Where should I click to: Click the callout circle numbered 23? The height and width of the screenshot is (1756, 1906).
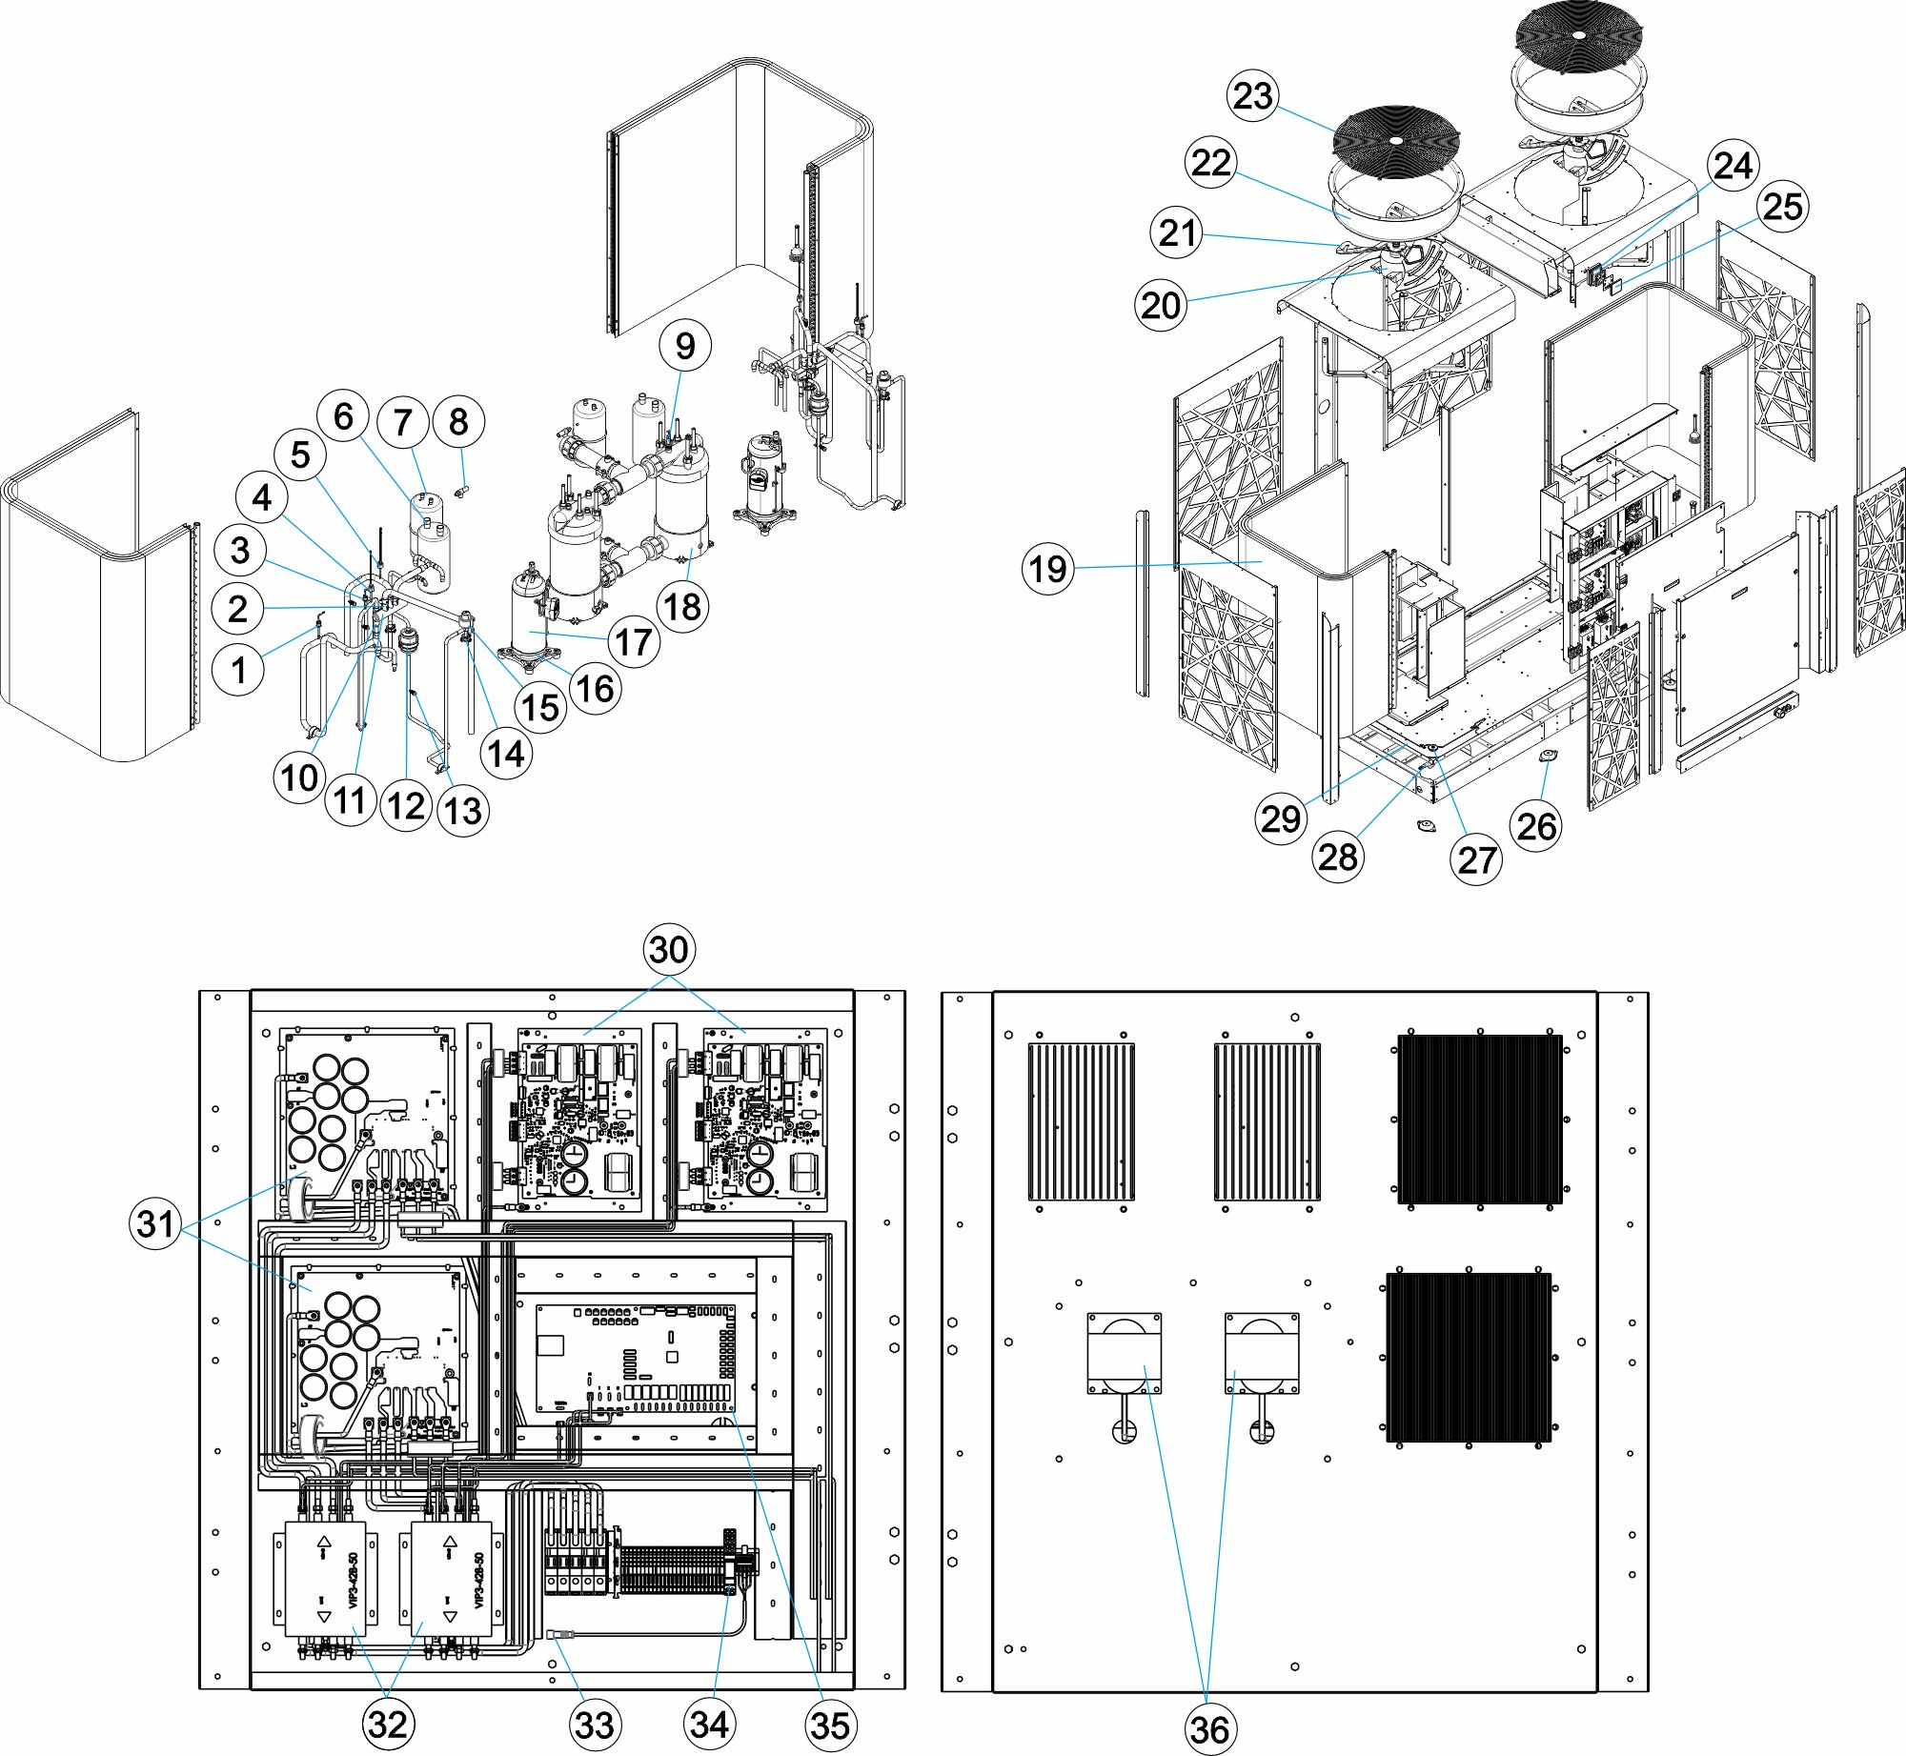coord(1252,96)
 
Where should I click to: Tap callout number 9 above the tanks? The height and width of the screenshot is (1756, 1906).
coord(685,346)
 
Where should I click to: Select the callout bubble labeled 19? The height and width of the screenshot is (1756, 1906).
coord(1048,569)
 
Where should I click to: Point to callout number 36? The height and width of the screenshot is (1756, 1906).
coord(1208,1728)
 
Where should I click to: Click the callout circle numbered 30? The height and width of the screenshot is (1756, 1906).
coord(668,950)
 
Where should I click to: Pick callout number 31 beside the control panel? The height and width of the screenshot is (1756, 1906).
coord(155,1223)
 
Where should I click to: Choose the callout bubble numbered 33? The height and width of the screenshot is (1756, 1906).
coord(595,1725)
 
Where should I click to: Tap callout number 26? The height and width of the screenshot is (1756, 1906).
coord(1536,826)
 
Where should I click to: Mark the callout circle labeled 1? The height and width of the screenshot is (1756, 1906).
coord(238,670)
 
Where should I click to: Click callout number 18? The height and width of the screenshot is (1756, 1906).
coord(682,607)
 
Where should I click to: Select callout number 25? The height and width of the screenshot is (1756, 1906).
coord(1782,207)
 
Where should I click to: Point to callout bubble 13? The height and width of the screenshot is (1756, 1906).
coord(463,811)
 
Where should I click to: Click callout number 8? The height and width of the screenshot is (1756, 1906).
coord(458,421)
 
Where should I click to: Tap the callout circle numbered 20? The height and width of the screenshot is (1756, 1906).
coord(1161,306)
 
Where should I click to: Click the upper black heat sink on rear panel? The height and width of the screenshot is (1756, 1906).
coord(1480,1119)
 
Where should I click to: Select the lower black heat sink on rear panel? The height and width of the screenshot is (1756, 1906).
coord(1469,1357)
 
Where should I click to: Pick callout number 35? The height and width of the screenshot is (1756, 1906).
coord(829,1725)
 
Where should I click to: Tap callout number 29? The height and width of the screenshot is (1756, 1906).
coord(1281,818)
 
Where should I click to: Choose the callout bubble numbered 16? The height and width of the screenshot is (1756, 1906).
coord(596,688)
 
